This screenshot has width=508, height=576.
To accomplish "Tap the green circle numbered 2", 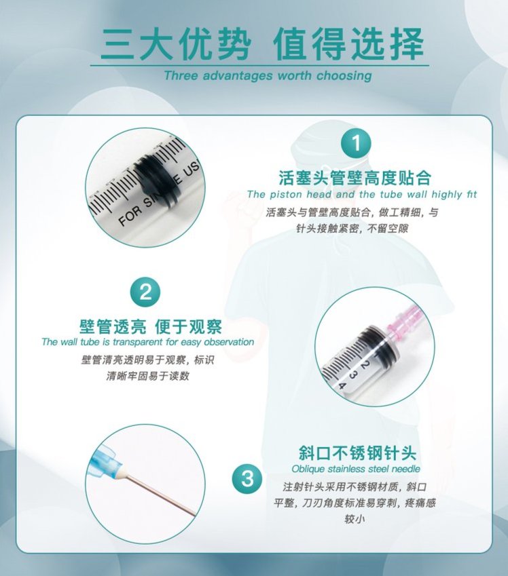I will (145, 293).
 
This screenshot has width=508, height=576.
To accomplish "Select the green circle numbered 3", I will (247, 479).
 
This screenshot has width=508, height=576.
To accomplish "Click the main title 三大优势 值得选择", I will (262, 43).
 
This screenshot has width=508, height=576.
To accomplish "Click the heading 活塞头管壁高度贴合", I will (355, 178).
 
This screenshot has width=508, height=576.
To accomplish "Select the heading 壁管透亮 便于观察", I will (150, 326).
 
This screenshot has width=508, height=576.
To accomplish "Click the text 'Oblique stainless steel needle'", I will (356, 469).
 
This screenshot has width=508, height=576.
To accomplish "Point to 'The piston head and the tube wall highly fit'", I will (362, 195).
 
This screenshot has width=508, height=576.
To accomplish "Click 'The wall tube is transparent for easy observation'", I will (147, 342).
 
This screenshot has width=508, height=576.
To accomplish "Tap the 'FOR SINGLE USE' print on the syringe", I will (153, 204).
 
